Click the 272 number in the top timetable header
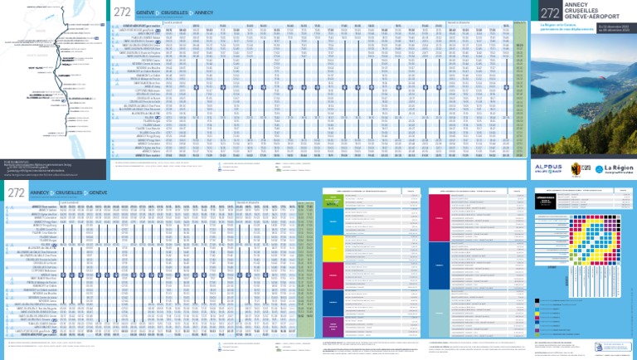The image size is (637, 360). pos(122,12)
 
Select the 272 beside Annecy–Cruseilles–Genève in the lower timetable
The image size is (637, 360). pos(15,193)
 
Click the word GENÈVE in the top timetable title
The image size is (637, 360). pos(148,12)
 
